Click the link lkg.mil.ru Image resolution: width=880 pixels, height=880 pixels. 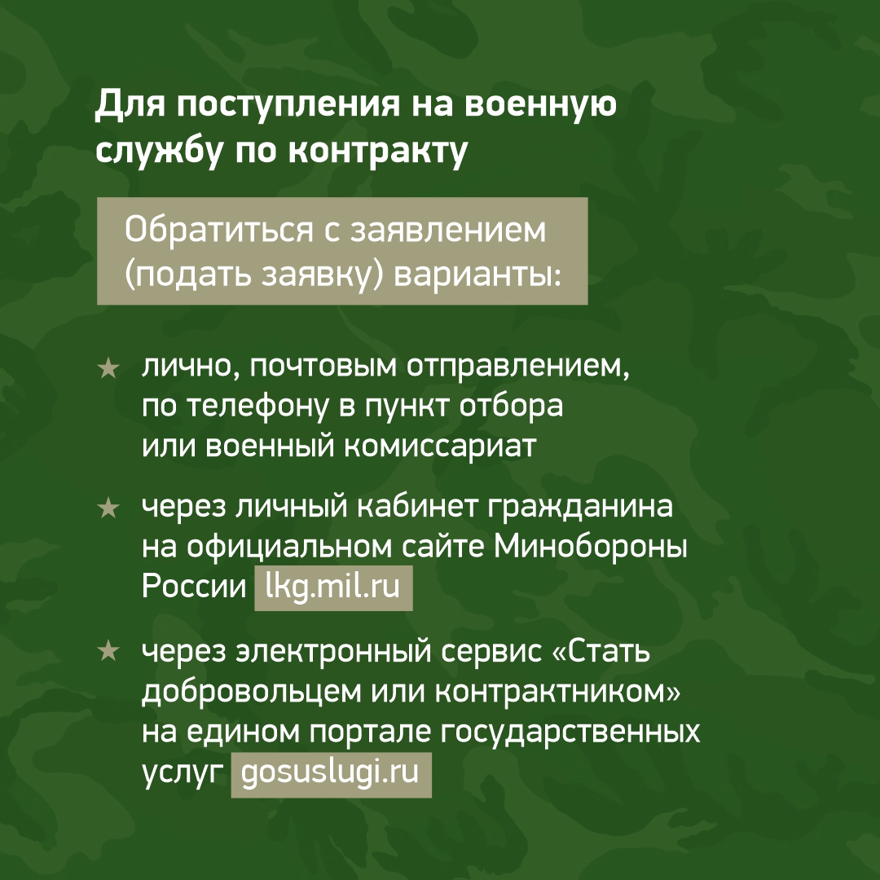pos(332,587)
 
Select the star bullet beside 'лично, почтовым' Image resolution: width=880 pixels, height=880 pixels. pos(108,369)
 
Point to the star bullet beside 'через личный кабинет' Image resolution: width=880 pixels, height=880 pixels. pos(108,508)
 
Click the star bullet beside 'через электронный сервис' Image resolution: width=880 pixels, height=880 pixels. pos(108,651)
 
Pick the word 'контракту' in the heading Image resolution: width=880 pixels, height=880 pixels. pos(378,151)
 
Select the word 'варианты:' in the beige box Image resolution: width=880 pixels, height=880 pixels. pos(477,275)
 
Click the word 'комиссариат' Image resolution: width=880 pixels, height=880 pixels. pos(441,447)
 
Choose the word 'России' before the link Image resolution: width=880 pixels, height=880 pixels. pos(194,587)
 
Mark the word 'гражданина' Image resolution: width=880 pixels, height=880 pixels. pos(580,506)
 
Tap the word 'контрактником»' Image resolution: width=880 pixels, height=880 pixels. pos(558,692)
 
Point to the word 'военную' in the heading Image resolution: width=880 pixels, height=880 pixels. pos(540,105)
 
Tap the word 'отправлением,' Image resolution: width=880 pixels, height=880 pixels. pos(518,367)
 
